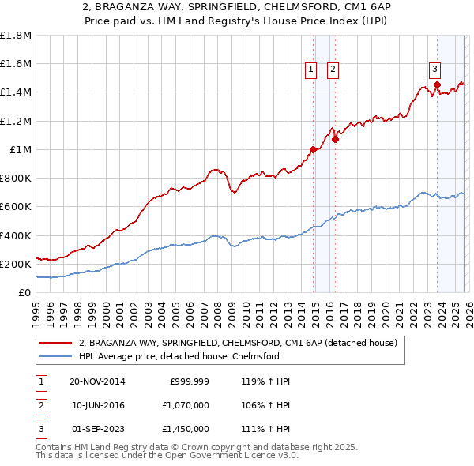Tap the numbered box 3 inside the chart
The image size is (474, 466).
[435, 68]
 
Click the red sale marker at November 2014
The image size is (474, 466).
[314, 149]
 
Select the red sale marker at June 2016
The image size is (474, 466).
[335, 140]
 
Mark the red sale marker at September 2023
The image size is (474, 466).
[437, 85]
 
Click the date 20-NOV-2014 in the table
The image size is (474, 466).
[97, 381]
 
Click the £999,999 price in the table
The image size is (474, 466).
[189, 381]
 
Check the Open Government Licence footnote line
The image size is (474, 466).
[167, 456]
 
